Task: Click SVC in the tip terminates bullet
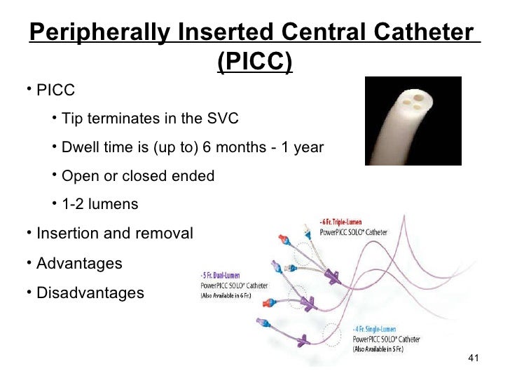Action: point(223,119)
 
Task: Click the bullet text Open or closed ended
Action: point(138,176)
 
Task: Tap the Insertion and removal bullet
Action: point(113,234)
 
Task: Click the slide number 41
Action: point(471,360)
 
